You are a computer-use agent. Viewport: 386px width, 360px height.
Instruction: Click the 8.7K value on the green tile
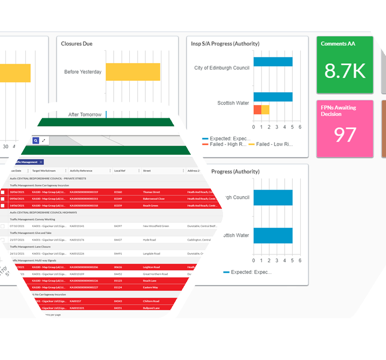pyautogui.click(x=345, y=71)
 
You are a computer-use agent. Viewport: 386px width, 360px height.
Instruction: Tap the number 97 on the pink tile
pyautogui.click(x=345, y=135)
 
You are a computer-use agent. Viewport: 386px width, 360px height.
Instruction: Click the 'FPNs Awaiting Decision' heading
pyautogui.click(x=338, y=111)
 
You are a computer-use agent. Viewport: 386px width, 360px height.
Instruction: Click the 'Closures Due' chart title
pyautogui.click(x=77, y=44)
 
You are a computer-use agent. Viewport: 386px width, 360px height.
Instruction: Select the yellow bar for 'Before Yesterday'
pyautogui.click(x=133, y=72)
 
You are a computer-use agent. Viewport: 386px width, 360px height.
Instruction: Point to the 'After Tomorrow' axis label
pyautogui.click(x=85, y=115)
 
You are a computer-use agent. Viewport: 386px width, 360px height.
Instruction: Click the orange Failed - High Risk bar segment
pyautogui.click(x=257, y=110)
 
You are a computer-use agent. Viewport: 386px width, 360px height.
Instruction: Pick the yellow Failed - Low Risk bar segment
pyautogui.click(x=265, y=110)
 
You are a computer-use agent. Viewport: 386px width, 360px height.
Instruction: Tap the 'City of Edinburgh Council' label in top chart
pyautogui.click(x=221, y=68)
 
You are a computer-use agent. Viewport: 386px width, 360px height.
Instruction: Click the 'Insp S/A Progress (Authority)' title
pyautogui.click(x=225, y=44)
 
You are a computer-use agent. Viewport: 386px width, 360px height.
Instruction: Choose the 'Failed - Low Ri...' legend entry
pyautogui.click(x=274, y=144)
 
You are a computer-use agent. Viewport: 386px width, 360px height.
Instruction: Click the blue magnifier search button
pyautogui.click(x=35, y=140)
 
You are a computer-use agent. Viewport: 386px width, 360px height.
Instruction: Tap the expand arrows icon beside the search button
pyautogui.click(x=43, y=140)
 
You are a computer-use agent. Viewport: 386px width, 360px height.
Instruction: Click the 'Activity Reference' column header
pyautogui.click(x=81, y=171)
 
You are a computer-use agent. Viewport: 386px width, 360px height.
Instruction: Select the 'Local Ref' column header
pyautogui.click(x=120, y=171)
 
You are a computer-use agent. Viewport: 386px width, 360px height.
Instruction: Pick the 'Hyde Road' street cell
pyautogui.click(x=150, y=239)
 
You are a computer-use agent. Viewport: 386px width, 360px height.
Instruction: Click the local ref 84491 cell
pyautogui.click(x=118, y=253)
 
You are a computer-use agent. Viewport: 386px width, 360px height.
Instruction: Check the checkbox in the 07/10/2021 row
pyautogui.click(x=3, y=226)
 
